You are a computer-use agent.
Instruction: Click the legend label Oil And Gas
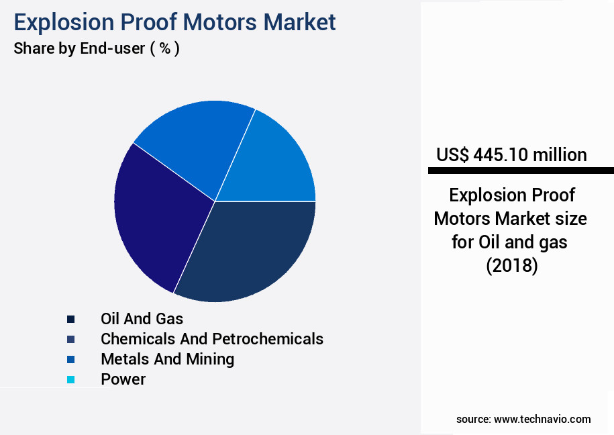tap(142, 319)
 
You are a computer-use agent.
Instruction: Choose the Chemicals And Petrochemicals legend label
tap(212, 339)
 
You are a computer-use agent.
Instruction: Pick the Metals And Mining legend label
tap(168, 359)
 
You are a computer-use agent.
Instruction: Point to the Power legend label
tap(123, 379)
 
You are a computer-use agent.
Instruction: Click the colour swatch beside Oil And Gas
tap(70, 320)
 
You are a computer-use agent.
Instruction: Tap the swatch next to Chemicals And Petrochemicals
tap(70, 340)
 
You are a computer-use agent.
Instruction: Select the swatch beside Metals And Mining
tap(70, 360)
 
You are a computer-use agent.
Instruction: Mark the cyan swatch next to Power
tap(70, 380)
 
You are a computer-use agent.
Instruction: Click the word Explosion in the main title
tap(64, 23)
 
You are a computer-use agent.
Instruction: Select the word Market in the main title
tap(299, 22)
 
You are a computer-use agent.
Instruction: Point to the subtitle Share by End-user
tap(79, 48)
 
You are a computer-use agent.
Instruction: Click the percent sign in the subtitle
tap(165, 48)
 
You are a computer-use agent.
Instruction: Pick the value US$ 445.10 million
tap(511, 155)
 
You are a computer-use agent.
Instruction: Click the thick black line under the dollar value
tap(521, 171)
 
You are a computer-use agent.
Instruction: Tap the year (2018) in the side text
tap(512, 266)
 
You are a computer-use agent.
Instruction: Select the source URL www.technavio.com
tap(542, 420)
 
